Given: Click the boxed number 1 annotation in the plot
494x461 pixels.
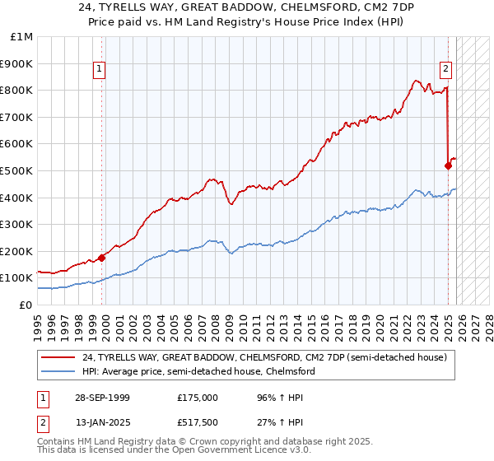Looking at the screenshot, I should (x=99, y=70).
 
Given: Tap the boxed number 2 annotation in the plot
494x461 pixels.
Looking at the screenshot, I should (x=445, y=70).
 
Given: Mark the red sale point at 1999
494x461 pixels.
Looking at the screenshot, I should (x=102, y=258).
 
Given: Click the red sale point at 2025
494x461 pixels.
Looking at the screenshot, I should (x=449, y=165).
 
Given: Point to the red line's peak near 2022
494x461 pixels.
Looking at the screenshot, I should (x=417, y=80).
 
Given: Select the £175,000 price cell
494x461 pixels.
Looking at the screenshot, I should (x=198, y=397).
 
